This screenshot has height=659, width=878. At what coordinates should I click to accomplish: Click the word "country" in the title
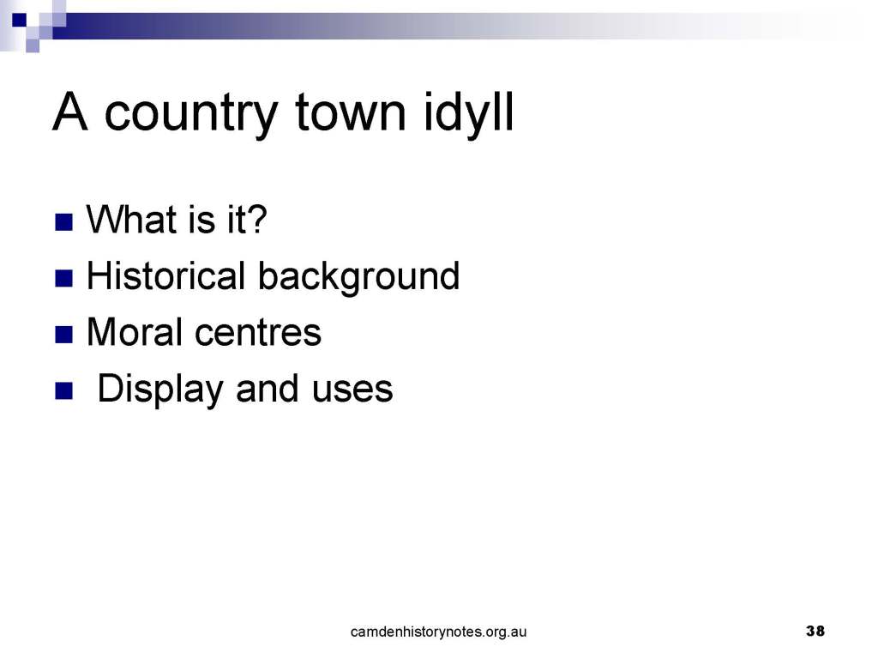190,115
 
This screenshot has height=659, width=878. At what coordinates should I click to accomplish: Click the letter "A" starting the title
70,112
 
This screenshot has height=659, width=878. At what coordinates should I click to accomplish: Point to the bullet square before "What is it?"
63,222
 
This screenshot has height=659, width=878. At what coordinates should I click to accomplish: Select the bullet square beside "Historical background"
63,279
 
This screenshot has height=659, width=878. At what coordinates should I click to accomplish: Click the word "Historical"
166,275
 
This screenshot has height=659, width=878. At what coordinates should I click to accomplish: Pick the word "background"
359,277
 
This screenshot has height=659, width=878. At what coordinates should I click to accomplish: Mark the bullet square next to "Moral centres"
63,335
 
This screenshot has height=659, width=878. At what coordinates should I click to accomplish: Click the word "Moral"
135,331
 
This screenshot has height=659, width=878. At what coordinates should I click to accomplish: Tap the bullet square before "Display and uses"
63,390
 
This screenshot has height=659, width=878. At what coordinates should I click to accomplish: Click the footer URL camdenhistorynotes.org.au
438,632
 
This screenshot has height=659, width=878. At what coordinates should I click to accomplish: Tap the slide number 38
815,631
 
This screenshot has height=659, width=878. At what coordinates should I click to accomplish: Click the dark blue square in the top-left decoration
20,21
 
